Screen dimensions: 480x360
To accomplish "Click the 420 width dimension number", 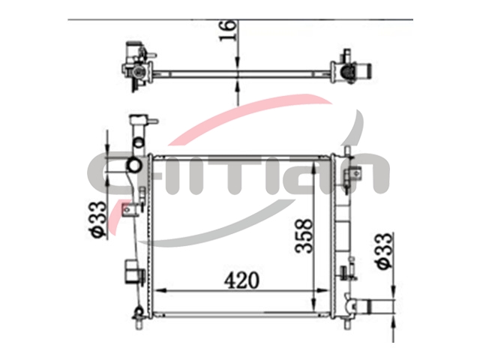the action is coord(241,280).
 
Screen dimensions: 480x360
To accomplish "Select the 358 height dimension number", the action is coord(304,235).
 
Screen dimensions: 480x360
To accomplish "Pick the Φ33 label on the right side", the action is coord(384,251).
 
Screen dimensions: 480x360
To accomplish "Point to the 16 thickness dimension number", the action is coord(228,30).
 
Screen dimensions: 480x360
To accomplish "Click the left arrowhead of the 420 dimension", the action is coord(160,290).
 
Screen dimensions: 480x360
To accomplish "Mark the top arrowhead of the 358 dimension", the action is coord(313,168).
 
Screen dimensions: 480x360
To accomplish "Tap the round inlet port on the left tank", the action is coord(133,166).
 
